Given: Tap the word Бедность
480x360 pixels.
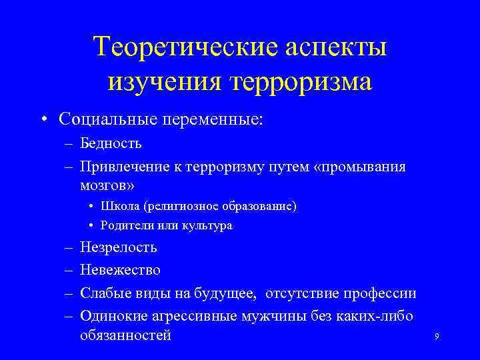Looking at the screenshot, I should [x=111, y=143].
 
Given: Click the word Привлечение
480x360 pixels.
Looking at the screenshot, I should [x=123, y=165].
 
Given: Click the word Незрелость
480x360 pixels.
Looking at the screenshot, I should [x=118, y=248].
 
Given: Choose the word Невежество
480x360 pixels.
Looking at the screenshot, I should [x=120, y=270].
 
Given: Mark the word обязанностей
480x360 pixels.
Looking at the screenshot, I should [x=125, y=335].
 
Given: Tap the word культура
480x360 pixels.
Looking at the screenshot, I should [x=209, y=225].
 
